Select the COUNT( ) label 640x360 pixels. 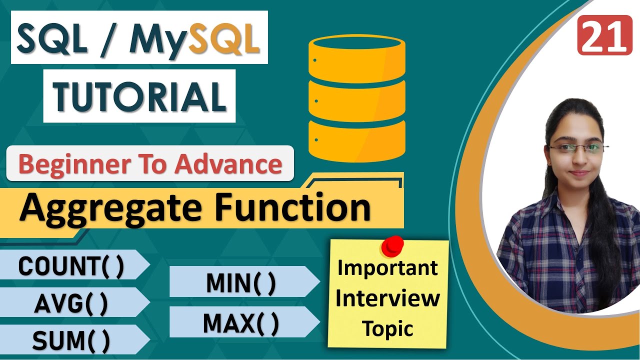tap(71, 266)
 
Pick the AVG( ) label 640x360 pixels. tap(71, 303)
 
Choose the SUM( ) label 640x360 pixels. tap(71, 340)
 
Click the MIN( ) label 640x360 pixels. tap(241, 283)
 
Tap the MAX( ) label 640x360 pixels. tap(241, 323)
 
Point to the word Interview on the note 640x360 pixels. tap(388, 298)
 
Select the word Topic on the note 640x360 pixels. tap(388, 328)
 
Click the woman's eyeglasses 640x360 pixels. tap(579, 148)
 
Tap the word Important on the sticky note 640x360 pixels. tap(388, 268)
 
